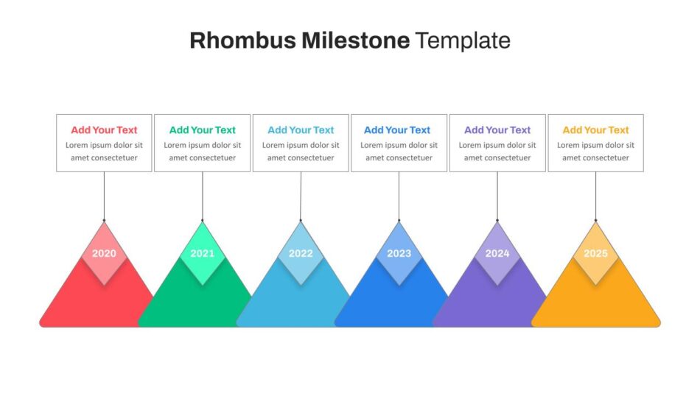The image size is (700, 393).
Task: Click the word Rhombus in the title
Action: (242, 40)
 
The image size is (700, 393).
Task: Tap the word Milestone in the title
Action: (355, 40)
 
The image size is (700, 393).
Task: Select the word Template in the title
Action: (463, 41)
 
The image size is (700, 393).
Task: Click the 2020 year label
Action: (104, 253)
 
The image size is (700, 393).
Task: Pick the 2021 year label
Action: (202, 253)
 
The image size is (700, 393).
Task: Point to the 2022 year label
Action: (301, 253)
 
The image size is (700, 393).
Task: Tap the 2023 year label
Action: (399, 253)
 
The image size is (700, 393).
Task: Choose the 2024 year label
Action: (497, 253)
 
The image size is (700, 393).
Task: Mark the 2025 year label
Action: (595, 253)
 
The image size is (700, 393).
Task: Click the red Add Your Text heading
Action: (104, 130)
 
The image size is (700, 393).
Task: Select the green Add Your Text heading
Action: (202, 130)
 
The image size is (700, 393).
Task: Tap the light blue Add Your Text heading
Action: (301, 130)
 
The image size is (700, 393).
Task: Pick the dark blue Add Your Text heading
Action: (397, 130)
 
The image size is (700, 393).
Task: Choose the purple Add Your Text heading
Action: (497, 130)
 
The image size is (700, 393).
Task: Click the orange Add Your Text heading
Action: (595, 130)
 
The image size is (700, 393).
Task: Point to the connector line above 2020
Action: (104, 196)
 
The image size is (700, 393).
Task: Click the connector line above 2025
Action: (595, 196)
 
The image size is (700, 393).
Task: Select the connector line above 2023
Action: (399, 196)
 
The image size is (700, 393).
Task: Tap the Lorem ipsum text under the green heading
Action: (202, 151)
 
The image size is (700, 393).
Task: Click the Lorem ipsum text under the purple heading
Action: (497, 151)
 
